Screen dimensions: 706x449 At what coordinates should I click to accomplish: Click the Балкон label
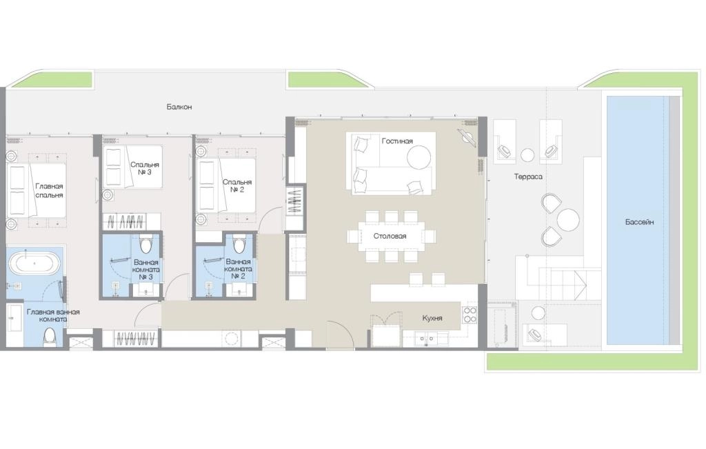179,107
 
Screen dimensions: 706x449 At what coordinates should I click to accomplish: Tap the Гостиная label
397,141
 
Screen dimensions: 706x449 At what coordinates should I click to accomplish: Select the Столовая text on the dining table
390,236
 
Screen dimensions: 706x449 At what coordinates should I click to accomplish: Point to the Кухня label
432,318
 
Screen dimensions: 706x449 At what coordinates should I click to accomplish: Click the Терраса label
528,177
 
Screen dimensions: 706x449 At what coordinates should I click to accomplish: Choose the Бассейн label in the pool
639,222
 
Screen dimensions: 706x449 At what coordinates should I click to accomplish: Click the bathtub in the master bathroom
34,263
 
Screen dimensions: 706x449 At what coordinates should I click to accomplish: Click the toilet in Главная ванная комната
50,337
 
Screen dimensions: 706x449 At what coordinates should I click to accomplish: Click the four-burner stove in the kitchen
470,315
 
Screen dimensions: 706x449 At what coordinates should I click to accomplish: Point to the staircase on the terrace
569,283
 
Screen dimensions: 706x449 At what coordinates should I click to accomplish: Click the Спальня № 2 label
237,186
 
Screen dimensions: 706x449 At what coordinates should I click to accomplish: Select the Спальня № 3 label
145,168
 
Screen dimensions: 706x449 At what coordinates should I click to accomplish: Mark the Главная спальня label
49,190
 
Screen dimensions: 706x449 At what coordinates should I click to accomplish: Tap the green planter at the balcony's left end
51,80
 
